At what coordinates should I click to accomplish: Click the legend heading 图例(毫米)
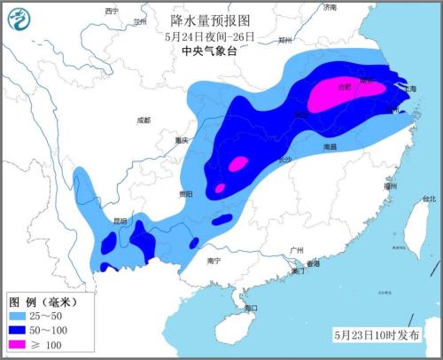[x=39, y=301]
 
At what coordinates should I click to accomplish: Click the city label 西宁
[x=111, y=11]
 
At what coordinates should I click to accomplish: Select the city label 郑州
[x=284, y=40]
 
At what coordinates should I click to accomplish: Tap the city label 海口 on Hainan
[x=251, y=309]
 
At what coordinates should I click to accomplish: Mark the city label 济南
[x=330, y=7]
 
